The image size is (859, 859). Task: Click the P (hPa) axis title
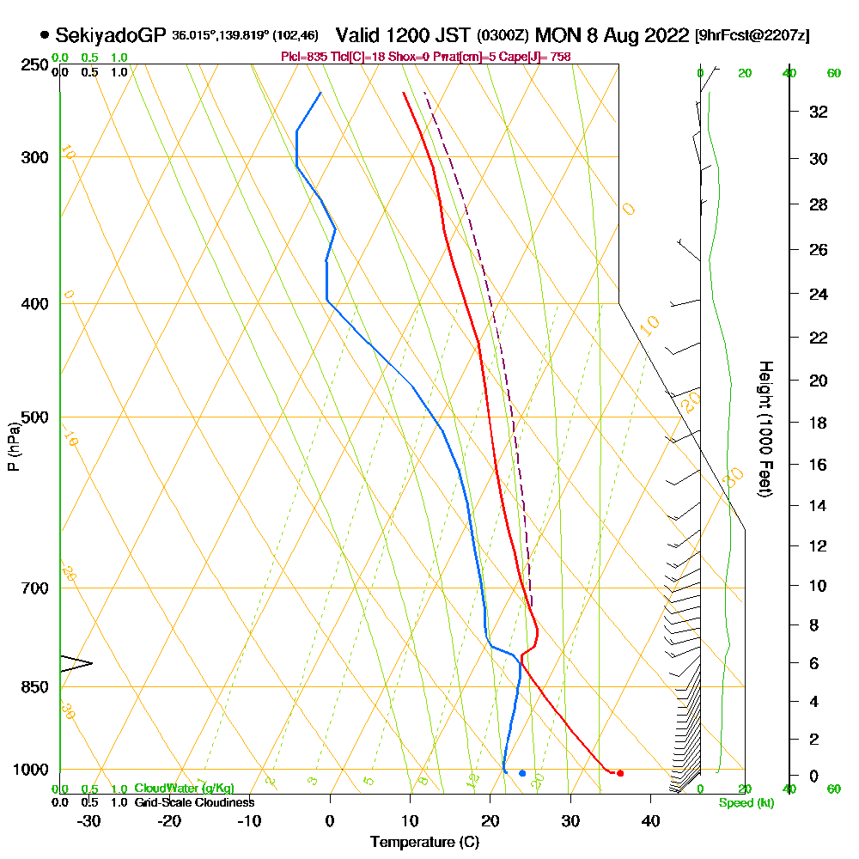click(x=13, y=447)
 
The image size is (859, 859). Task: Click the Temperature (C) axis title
click(x=424, y=843)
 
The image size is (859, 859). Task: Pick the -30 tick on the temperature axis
click(x=89, y=820)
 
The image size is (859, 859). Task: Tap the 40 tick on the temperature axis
click(x=650, y=820)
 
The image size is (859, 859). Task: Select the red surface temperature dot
click(x=620, y=773)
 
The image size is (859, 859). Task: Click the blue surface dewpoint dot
click(x=522, y=773)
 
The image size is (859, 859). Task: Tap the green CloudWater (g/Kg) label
click(x=184, y=789)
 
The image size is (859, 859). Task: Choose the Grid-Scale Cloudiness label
click(x=194, y=802)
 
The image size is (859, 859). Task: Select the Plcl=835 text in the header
click(x=299, y=57)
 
